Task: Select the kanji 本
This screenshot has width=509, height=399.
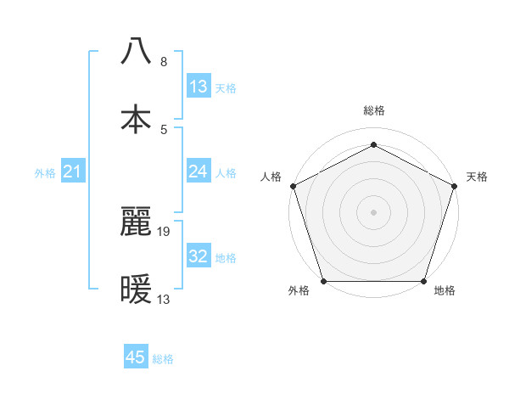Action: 137,119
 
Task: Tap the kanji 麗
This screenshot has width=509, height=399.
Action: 137,222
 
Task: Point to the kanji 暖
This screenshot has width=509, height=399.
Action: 137,289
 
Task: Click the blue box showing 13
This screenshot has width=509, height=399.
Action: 199,87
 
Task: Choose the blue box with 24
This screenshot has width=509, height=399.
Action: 199,172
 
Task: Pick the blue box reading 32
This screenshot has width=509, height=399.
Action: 199,256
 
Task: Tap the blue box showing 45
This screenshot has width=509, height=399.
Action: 136,357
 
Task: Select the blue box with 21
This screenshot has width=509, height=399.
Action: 73,172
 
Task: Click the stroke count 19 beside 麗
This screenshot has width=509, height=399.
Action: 165,230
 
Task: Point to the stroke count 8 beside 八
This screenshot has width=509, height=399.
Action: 163,62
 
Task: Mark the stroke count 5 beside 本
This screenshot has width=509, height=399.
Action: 163,129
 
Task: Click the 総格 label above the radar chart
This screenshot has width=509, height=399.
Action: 374,111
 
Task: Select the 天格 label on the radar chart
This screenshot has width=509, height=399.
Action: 477,177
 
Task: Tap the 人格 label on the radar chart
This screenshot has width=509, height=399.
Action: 271,177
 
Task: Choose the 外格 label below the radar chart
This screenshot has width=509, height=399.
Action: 299,291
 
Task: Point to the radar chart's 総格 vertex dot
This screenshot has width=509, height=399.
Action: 373,144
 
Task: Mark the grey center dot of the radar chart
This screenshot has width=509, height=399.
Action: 373,211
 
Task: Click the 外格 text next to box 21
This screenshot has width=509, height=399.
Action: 45,173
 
